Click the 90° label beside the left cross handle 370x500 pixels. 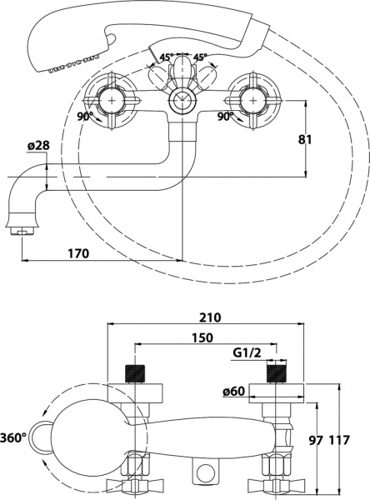tap(83, 117)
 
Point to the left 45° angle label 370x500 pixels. tap(166, 57)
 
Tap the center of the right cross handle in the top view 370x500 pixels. tap(252, 101)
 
